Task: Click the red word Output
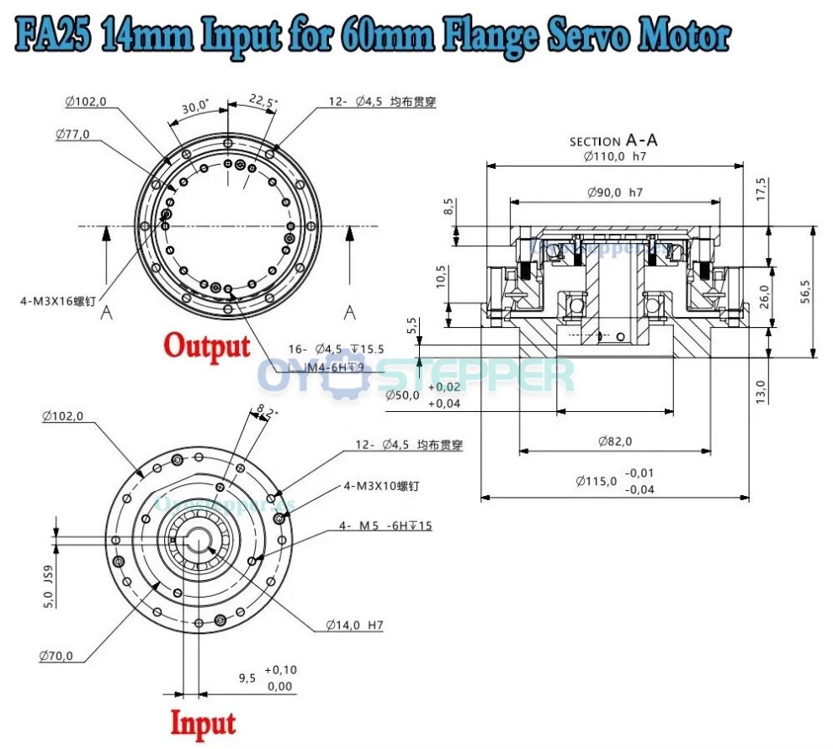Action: click(206, 345)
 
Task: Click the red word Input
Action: click(203, 722)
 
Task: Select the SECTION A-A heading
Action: click(613, 140)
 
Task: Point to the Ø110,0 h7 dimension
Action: click(613, 156)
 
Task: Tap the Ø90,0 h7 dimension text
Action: click(615, 193)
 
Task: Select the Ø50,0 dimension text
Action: click(401, 395)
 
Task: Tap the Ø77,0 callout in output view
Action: click(72, 134)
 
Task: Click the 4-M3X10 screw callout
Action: click(381, 486)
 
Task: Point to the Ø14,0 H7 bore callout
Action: click(355, 625)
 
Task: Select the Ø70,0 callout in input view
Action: click(56, 656)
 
